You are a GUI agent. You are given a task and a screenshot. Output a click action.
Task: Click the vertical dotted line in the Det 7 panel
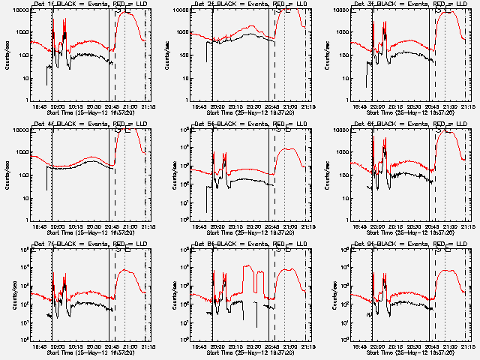click(x=125, y=292)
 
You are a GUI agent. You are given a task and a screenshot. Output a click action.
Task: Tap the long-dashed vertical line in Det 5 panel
click(x=274, y=172)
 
